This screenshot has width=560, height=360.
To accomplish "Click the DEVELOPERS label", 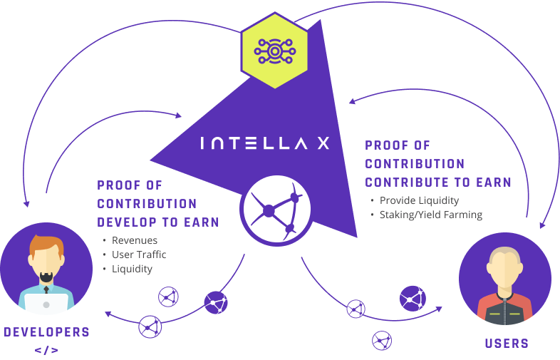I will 47,332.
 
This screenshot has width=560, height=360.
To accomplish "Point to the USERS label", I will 507,343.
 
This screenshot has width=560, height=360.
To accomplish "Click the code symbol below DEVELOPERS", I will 46,350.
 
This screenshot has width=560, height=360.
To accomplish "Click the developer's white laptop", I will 46,303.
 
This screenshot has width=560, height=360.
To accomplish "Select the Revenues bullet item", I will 135,240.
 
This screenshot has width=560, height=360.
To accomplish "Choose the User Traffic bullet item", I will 139,254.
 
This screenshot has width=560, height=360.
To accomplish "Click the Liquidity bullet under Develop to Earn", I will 132,269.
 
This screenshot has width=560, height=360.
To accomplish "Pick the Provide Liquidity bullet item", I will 419,200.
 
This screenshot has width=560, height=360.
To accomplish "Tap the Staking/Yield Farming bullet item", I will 430,215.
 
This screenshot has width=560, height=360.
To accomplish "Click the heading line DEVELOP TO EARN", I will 157,222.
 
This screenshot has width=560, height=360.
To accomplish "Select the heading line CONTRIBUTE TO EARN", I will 437,182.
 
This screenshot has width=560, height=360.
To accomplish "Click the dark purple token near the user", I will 413,298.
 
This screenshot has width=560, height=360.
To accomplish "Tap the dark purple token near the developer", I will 216,303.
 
